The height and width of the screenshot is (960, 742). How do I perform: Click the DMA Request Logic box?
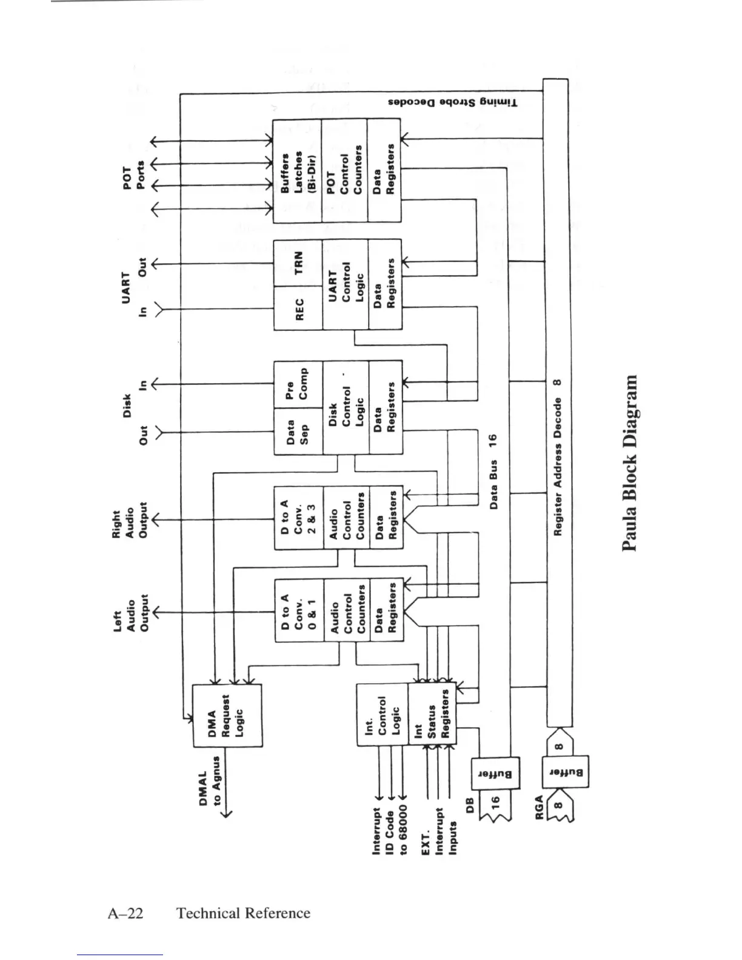(227, 716)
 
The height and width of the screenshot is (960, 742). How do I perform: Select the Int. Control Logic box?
(382, 715)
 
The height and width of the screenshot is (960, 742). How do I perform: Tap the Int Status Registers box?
(432, 715)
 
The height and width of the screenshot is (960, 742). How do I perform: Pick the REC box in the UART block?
(298, 308)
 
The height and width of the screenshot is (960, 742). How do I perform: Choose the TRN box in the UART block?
(298, 263)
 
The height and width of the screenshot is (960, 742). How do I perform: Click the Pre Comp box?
(298, 385)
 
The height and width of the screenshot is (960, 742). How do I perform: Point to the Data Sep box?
(298, 431)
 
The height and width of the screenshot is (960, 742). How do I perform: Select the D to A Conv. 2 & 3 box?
(299, 518)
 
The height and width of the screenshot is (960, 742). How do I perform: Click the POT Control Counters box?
(344, 170)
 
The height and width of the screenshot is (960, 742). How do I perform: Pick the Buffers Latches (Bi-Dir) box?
(296, 170)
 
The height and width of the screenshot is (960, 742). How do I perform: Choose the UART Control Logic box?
(346, 285)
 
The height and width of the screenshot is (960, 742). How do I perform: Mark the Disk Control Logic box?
(346, 407)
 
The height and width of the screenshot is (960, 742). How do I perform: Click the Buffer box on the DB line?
(495, 774)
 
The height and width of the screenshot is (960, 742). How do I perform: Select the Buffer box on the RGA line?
(566, 773)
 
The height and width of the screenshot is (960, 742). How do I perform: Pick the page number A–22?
(125, 913)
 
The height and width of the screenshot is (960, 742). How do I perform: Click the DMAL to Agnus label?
(210, 787)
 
